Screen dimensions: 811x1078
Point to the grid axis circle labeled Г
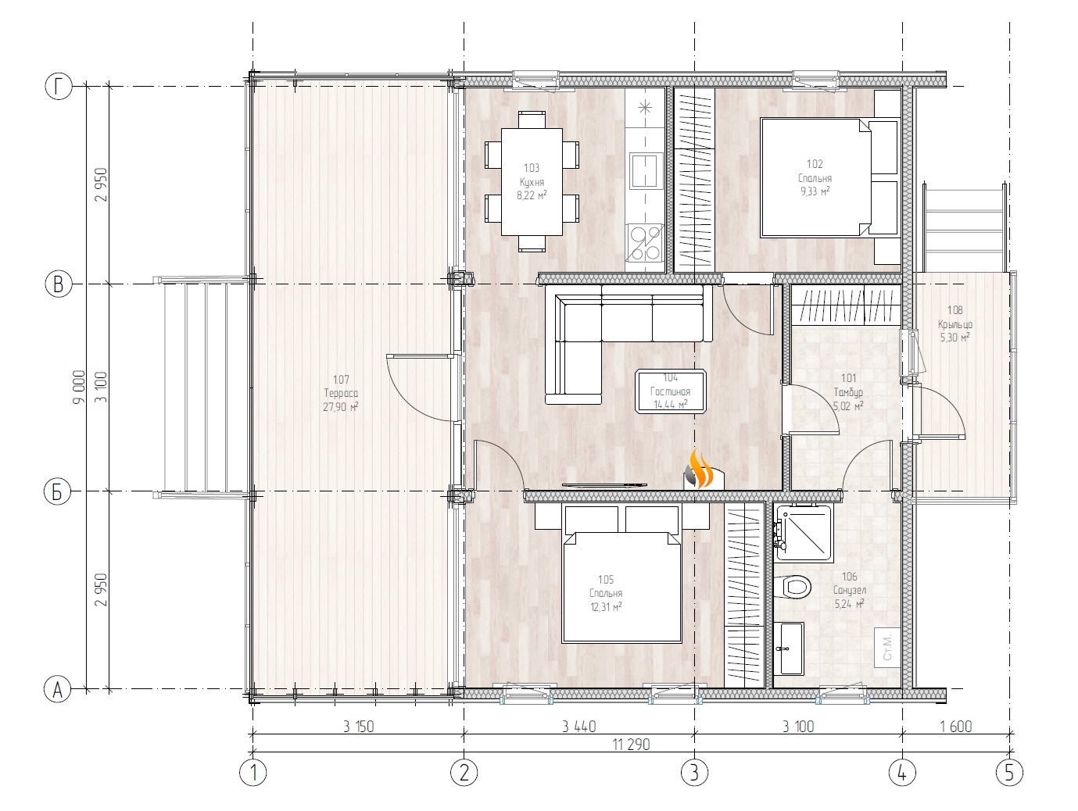(58, 88)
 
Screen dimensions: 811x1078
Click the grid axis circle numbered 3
(694, 773)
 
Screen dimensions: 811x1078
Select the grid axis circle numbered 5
(1008, 773)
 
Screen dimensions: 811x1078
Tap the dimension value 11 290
(632, 745)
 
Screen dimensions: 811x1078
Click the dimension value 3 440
(578, 727)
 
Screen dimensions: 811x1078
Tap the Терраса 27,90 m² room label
(340, 400)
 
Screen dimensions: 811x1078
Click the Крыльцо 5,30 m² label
(954, 324)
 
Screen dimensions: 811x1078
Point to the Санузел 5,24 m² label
(849, 591)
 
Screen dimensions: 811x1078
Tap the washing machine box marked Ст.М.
(888, 647)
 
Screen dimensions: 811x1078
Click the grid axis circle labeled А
(56, 690)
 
